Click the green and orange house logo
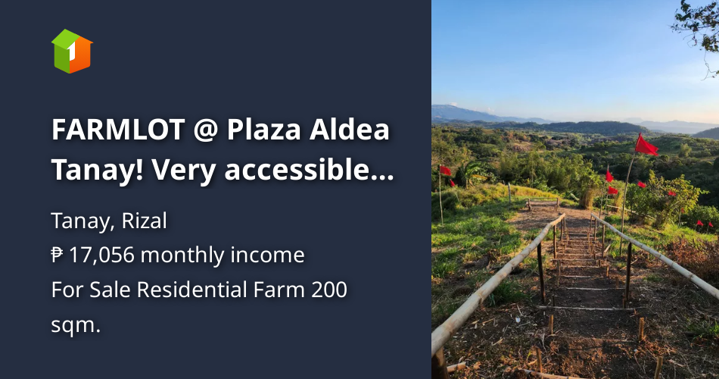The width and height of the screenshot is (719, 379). click(72, 51)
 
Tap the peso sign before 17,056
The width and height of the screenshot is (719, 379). click(58, 255)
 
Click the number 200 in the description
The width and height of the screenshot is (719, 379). click(326, 290)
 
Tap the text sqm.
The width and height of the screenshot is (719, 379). click(76, 325)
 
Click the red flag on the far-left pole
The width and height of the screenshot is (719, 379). click(446, 171)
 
